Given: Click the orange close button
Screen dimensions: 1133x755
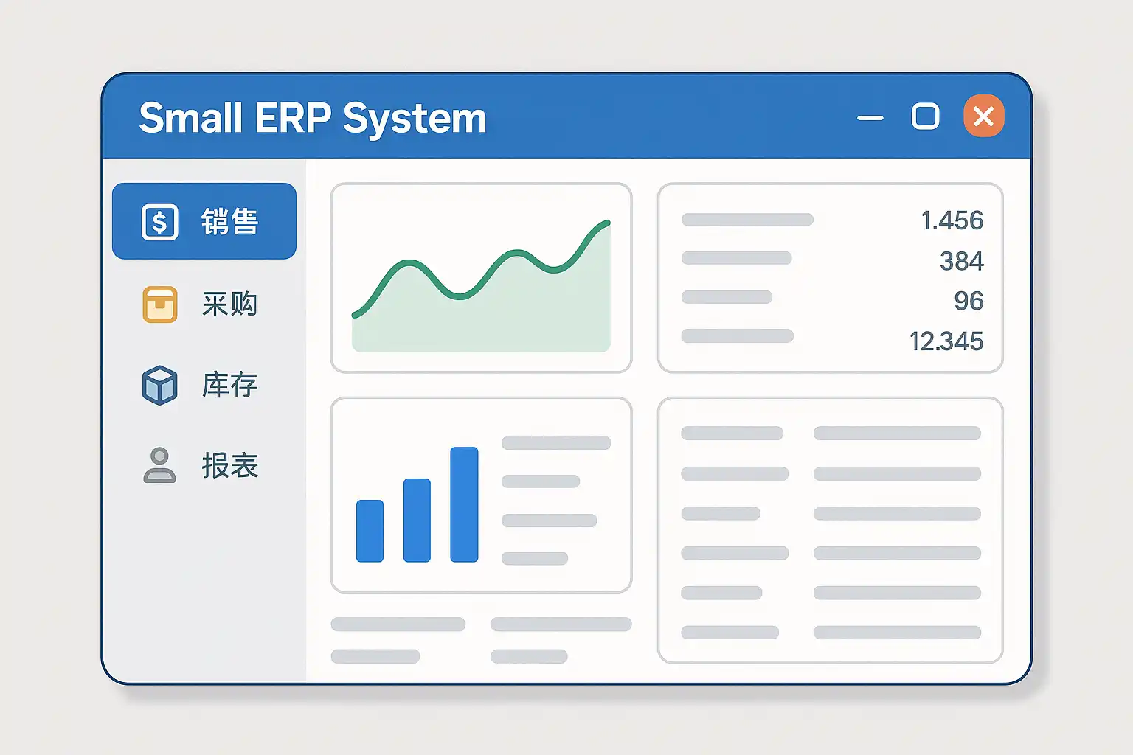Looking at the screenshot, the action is tap(984, 116).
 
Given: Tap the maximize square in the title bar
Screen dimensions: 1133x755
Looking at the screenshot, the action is tap(925, 116).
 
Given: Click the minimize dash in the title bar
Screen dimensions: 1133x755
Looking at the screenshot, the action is tap(870, 118).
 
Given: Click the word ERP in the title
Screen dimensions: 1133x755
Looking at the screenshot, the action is tap(293, 118).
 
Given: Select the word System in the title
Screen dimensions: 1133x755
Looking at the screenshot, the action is tap(415, 119).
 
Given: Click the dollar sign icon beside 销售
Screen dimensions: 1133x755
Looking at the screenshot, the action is tap(160, 221).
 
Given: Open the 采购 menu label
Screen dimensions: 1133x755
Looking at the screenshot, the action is tap(230, 304).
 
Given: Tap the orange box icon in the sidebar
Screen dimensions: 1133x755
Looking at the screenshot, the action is tap(160, 305).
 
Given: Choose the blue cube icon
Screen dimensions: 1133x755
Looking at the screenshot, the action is tap(160, 386).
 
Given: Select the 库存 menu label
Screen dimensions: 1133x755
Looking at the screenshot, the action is tap(230, 385).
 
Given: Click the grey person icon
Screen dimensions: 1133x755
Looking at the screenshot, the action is tap(160, 465).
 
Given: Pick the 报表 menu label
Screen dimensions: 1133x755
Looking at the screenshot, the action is tap(230, 465).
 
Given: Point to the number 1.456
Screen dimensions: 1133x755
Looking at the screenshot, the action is tap(952, 220).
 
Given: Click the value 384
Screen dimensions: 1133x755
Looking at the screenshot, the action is tap(962, 261).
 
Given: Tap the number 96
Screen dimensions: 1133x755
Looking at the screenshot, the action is tap(969, 301).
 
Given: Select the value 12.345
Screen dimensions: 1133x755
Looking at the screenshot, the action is tap(946, 341).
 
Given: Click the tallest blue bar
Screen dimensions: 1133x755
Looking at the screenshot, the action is tap(464, 504).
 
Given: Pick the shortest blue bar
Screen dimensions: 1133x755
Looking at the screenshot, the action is tap(370, 531).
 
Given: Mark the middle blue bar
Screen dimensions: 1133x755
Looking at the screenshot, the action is tap(417, 521).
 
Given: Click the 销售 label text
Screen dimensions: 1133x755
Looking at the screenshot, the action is tap(230, 221).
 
